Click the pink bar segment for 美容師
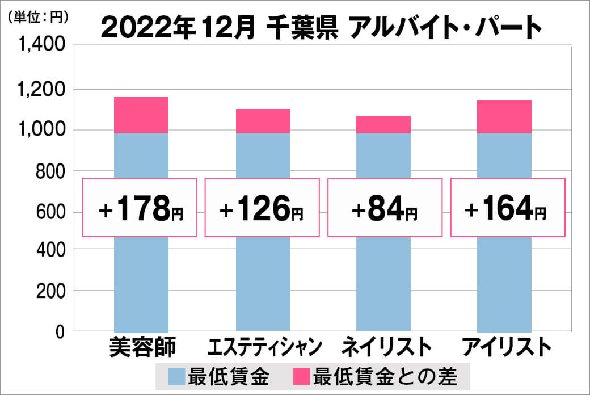[141, 115]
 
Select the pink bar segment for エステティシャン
[263, 121]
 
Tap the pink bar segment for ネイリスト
[383, 124]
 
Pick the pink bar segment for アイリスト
[504, 117]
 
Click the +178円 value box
[140, 208]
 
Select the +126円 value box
[262, 208]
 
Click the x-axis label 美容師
[142, 347]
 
